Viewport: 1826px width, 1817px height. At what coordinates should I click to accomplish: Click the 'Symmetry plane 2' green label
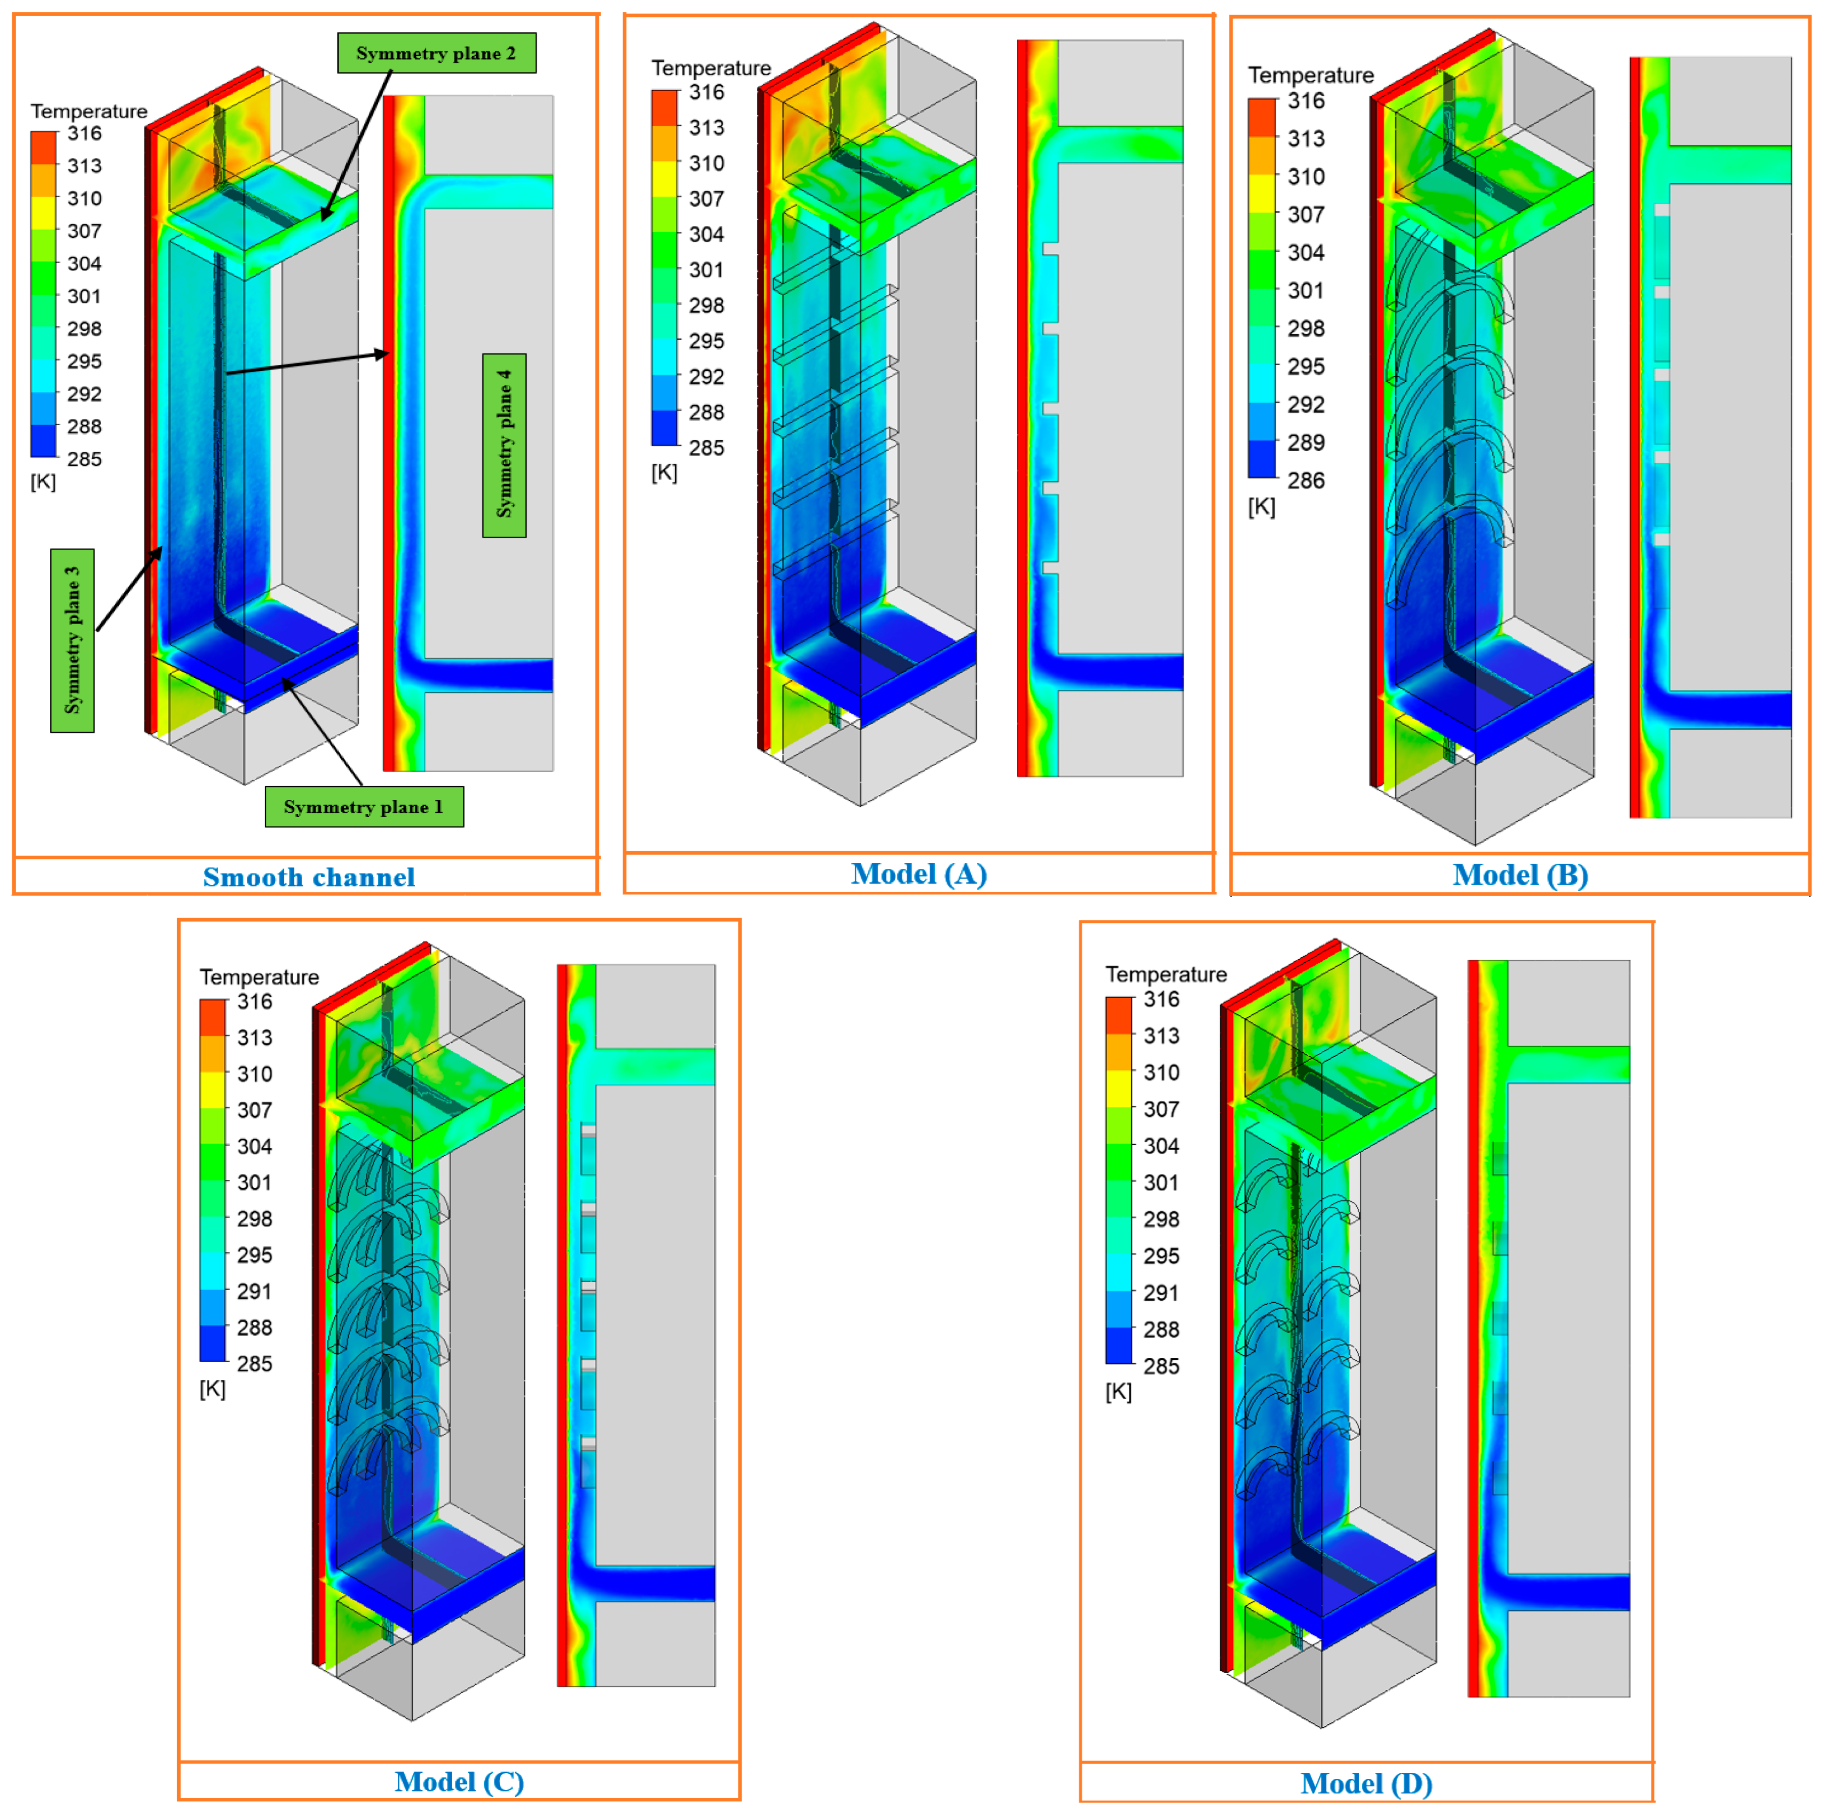437,53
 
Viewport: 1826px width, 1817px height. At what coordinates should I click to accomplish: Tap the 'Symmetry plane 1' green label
364,807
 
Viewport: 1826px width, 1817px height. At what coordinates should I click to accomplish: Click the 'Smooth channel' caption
309,877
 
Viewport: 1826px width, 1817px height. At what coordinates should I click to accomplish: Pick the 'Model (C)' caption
459,1781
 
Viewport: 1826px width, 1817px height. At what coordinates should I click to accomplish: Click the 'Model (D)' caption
1367,1783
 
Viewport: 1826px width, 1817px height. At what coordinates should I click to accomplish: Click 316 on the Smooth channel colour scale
84,133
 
